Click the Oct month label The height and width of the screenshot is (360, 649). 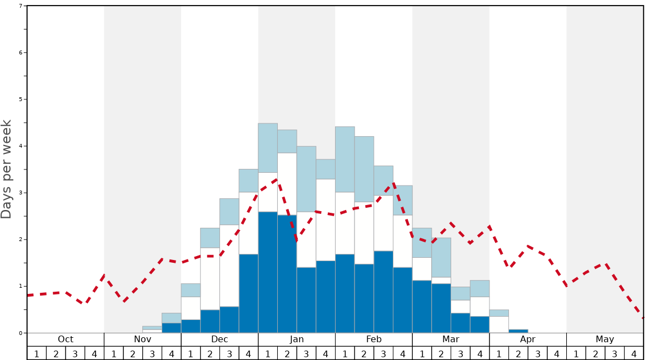[66, 339]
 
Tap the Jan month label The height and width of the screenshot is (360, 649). [297, 339]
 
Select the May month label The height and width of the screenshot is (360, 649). [605, 339]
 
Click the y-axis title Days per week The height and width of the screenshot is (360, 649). [7, 169]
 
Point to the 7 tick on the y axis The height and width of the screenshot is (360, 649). [21, 6]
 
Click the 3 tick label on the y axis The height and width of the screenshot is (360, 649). [21, 193]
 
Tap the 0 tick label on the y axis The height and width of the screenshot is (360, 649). [21, 333]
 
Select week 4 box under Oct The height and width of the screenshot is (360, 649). [94, 353]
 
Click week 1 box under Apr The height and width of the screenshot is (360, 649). [499, 353]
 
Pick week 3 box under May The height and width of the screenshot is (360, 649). [615, 353]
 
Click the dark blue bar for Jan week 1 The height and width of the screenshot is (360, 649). [268, 272]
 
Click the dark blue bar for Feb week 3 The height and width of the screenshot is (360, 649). [383, 292]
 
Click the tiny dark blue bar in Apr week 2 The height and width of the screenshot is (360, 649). [518, 331]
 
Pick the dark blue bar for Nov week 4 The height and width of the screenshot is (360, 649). [171, 328]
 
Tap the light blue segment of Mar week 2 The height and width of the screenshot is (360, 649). [441, 257]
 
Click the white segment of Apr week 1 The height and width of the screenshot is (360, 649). [499, 324]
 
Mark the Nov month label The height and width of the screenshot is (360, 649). [142, 339]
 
